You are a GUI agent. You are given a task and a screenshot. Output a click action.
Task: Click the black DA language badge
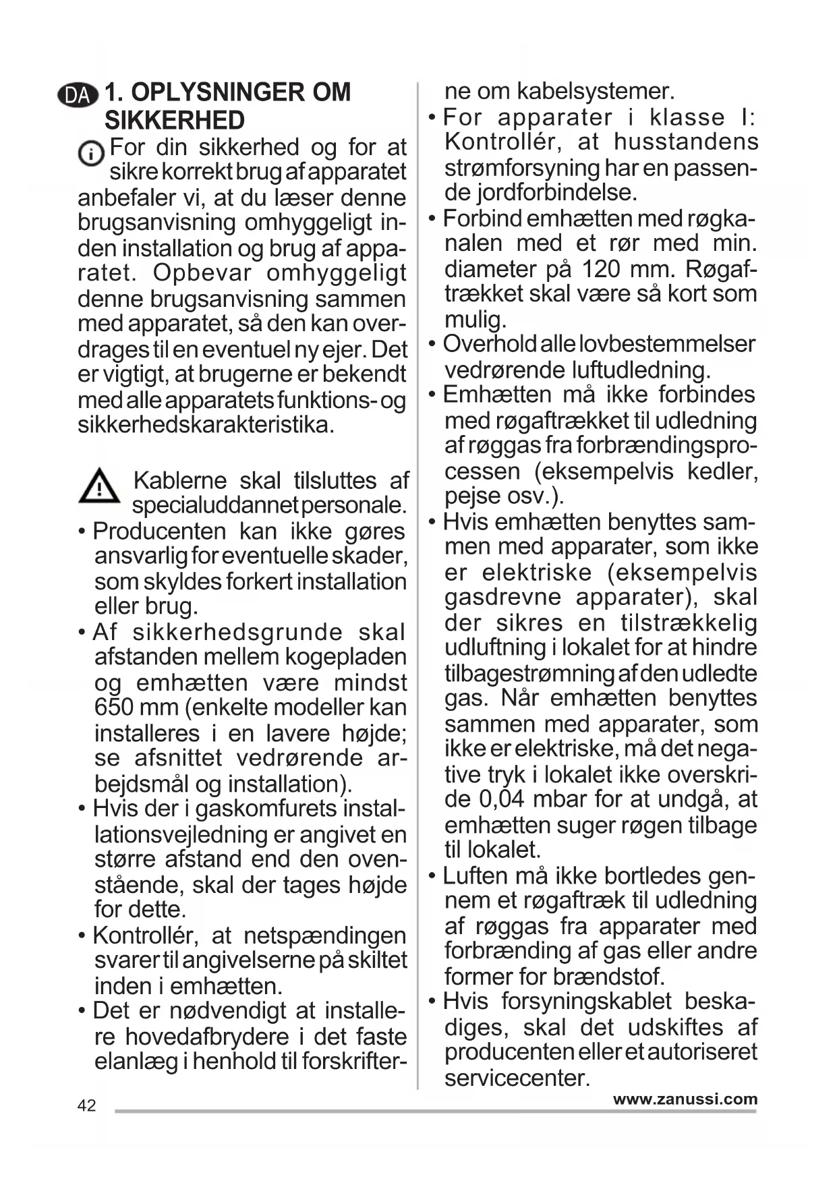coord(78,95)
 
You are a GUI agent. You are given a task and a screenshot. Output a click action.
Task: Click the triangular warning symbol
coord(98,486)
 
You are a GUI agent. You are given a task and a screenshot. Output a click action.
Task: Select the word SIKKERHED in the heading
coord(174,121)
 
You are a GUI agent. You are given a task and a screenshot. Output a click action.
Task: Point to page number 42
coord(86,1105)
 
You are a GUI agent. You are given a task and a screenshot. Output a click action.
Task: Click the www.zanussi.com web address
coord(685,1099)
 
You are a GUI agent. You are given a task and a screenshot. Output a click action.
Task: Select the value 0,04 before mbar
coord(501,799)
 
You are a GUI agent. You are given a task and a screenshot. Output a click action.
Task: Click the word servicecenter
coord(517,1078)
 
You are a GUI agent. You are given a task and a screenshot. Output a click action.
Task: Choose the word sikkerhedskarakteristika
coord(205,425)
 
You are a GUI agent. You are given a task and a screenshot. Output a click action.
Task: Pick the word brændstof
coord(608,976)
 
